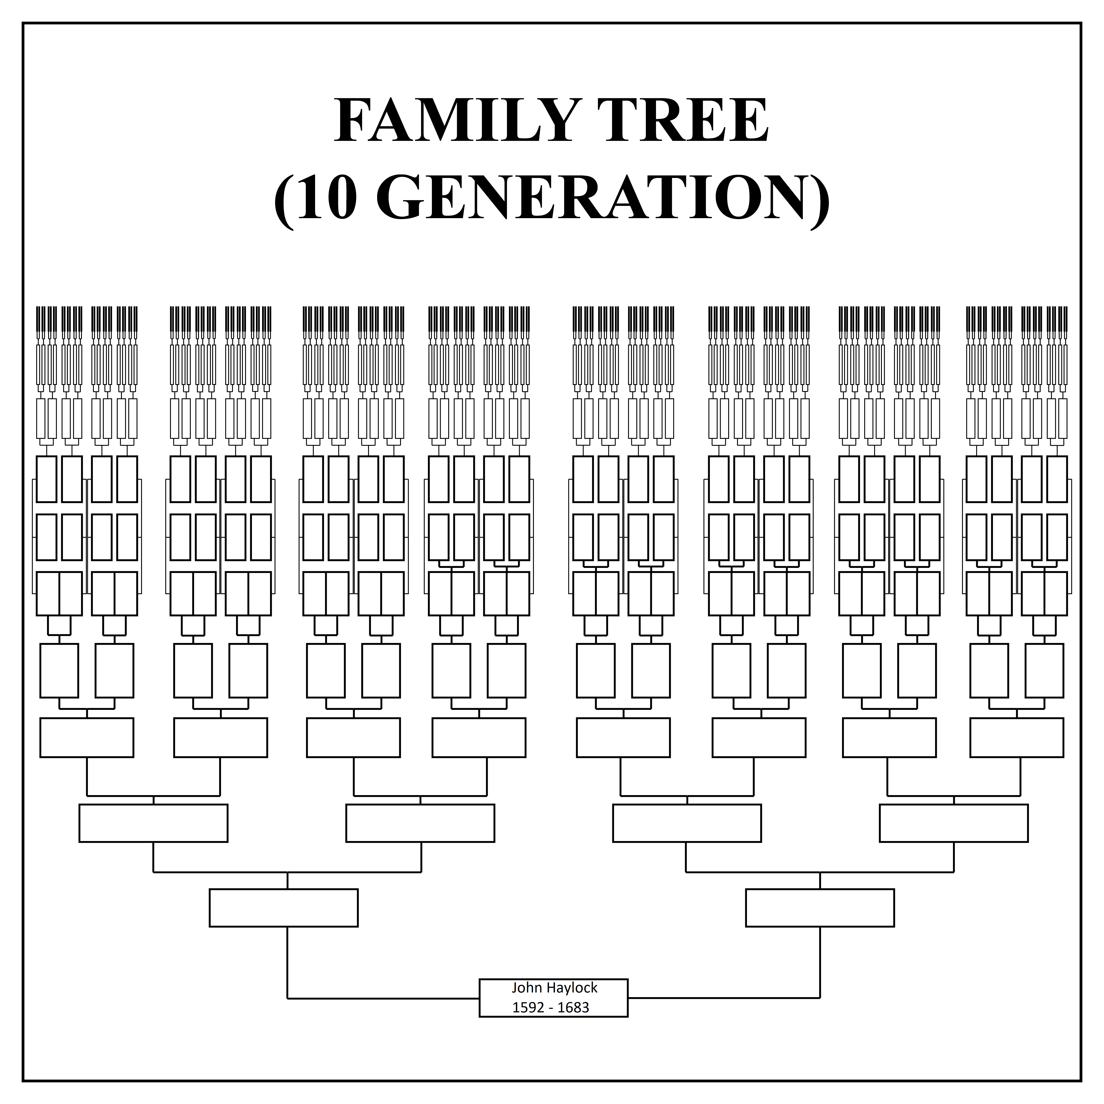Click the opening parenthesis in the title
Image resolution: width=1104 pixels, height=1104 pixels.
point(284,200)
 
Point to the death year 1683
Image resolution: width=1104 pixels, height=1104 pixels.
point(573,1008)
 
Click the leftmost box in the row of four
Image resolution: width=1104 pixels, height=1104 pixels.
point(153,823)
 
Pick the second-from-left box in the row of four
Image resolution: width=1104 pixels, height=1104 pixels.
point(420,823)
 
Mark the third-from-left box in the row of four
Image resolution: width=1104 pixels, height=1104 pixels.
point(687,823)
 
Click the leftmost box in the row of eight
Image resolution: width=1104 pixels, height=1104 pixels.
point(87,737)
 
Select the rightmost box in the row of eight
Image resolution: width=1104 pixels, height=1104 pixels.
point(1017,737)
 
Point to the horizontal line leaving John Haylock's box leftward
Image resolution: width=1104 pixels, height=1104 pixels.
point(383,998)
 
